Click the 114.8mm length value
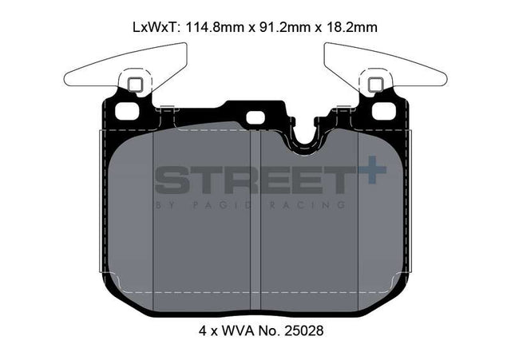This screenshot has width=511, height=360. point(215,27)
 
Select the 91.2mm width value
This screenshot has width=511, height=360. point(283,27)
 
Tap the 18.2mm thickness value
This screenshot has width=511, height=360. point(352,27)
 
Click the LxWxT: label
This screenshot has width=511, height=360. point(156,27)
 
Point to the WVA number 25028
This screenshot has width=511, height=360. point(304,330)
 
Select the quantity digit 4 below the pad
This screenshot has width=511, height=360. point(203,330)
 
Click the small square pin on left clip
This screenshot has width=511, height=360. point(135,85)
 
